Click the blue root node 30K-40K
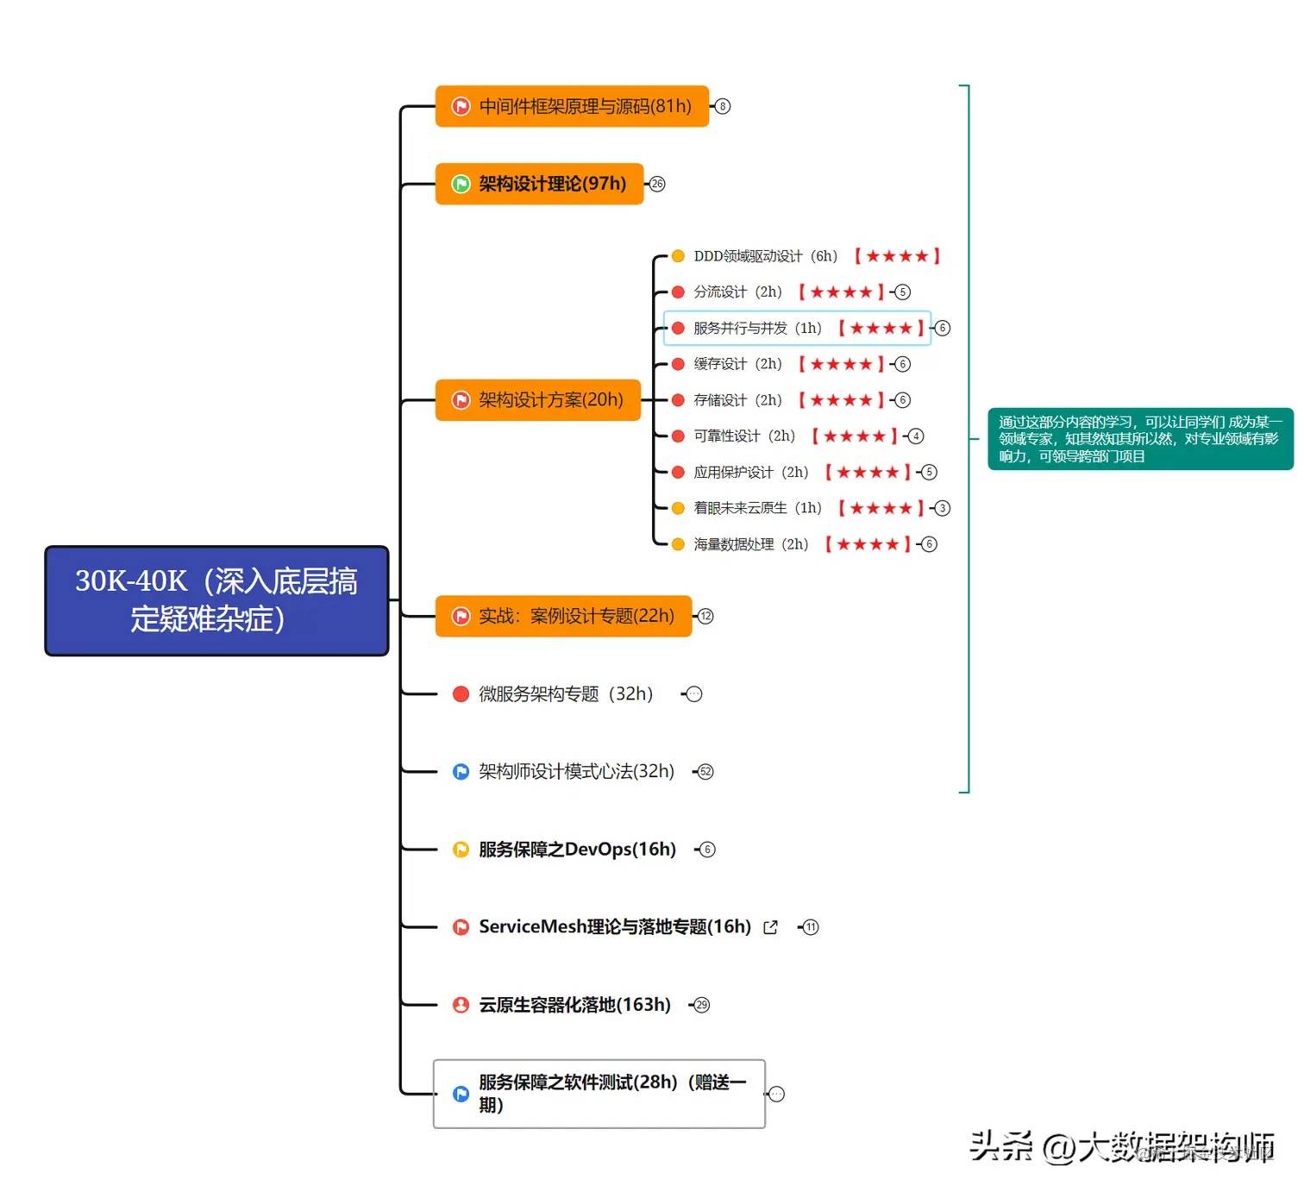point(216,600)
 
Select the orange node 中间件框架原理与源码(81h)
point(572,106)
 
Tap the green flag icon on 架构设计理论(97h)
point(461,184)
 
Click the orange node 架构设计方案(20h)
point(538,400)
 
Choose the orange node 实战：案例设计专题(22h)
point(563,616)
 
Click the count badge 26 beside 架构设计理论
point(657,184)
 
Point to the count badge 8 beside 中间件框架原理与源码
point(723,106)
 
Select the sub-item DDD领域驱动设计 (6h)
point(765,256)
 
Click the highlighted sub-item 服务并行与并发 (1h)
point(757,328)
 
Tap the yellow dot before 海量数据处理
point(678,544)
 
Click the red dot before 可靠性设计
point(678,436)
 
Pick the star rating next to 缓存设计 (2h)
point(841,364)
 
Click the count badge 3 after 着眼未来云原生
point(942,508)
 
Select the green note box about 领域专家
point(1139,439)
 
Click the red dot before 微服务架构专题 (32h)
point(461,693)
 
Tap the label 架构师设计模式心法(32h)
point(576,771)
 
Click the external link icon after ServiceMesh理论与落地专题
point(771,927)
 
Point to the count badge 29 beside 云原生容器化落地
point(702,1005)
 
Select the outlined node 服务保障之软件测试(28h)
point(599,1094)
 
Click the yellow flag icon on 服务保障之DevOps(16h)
point(461,850)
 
